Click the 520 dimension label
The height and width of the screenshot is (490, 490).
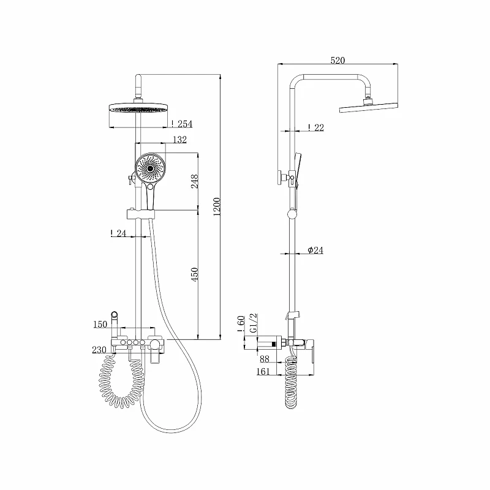pyautogui.click(x=337, y=60)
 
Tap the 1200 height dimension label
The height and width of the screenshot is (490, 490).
pyautogui.click(x=217, y=206)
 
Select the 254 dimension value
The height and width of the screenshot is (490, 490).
pyautogui.click(x=185, y=124)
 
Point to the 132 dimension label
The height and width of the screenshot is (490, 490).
pyautogui.click(x=179, y=140)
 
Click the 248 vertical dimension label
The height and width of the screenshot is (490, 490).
pyautogui.click(x=195, y=181)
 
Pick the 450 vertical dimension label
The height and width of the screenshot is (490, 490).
pyautogui.click(x=195, y=274)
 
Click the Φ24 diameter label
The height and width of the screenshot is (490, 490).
pyautogui.click(x=315, y=250)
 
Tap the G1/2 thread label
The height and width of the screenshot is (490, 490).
pyautogui.click(x=254, y=323)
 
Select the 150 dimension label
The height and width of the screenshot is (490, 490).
pyautogui.click(x=100, y=325)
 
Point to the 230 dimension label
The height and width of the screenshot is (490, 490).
pyautogui.click(x=99, y=350)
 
